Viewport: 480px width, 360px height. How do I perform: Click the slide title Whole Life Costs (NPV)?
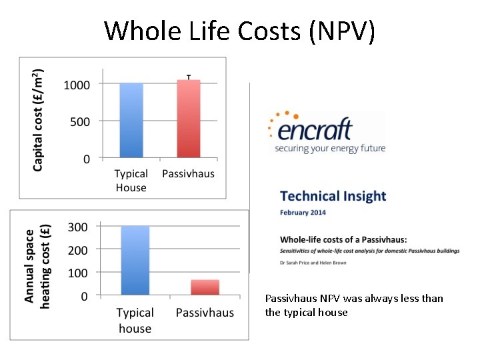click(x=239, y=31)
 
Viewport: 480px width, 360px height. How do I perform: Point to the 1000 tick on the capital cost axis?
click(x=77, y=85)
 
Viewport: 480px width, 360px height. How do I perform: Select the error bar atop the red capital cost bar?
click(x=189, y=77)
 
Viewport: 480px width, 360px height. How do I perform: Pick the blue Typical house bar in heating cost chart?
click(x=135, y=260)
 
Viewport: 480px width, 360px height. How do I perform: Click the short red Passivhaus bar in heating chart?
click(x=205, y=287)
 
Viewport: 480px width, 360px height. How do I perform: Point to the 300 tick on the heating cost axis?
click(x=77, y=227)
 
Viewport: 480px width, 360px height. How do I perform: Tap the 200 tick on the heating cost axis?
click(x=77, y=250)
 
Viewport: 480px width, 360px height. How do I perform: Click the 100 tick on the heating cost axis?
click(x=77, y=273)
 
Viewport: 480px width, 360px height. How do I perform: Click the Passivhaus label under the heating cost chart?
click(x=205, y=313)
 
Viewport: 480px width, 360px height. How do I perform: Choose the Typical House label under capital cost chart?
click(x=131, y=181)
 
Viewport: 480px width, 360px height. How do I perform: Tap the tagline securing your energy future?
click(x=330, y=148)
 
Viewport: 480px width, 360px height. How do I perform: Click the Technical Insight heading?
click(x=333, y=196)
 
